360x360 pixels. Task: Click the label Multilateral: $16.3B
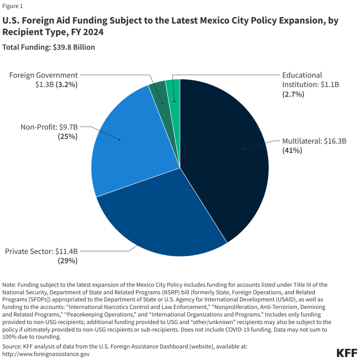tap(314, 142)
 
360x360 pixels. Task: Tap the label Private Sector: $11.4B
tap(41, 251)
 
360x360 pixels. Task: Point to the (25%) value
tap(67, 136)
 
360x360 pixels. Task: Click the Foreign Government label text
tap(43, 75)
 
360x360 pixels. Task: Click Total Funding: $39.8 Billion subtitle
tap(49, 47)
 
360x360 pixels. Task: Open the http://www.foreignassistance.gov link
tap(46, 354)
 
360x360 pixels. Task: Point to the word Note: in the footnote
tap(9, 284)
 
